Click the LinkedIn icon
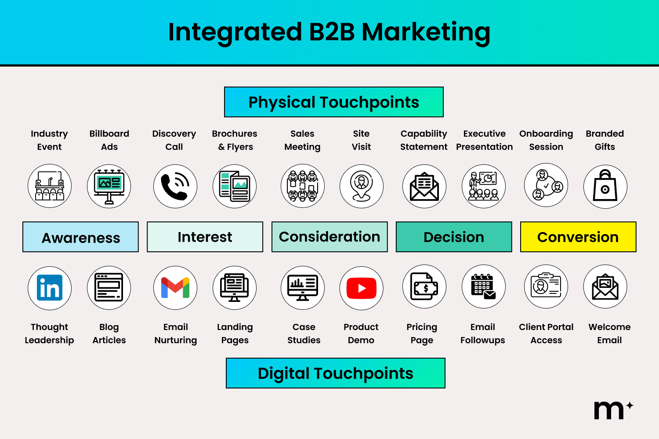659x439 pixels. click(x=50, y=288)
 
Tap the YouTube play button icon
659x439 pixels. click(x=362, y=288)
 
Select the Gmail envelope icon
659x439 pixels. click(x=175, y=288)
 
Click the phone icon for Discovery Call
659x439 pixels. click(x=175, y=186)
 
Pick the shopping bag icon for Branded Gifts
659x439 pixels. click(x=605, y=186)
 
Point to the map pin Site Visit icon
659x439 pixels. click(x=362, y=186)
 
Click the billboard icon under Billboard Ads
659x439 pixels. click(x=109, y=186)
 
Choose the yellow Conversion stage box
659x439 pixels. click(x=578, y=237)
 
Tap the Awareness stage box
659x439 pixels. click(x=81, y=237)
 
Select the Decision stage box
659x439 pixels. click(x=454, y=237)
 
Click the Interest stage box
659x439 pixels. click(x=205, y=237)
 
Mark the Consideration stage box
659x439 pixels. click(x=329, y=237)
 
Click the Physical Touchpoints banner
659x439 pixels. click(x=334, y=102)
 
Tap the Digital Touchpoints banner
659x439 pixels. click(x=336, y=373)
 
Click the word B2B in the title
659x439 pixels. click(x=332, y=32)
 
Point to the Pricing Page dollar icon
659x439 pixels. click(x=424, y=287)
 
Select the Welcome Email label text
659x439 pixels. click(x=609, y=334)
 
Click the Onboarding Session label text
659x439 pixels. click(x=546, y=140)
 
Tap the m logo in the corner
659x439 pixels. click(x=610, y=410)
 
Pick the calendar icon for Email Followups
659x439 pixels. click(x=483, y=287)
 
